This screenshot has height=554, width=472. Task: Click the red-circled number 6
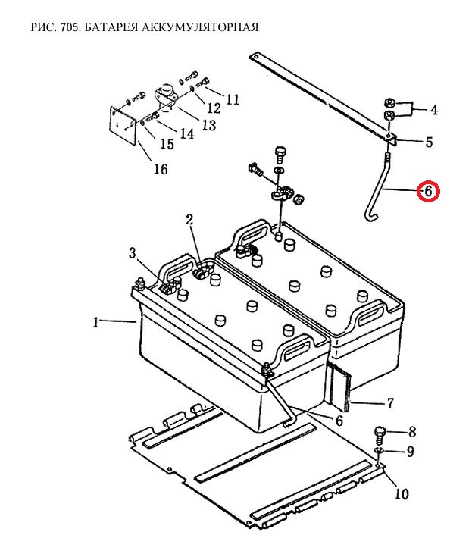(x=428, y=191)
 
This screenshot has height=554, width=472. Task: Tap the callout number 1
(x=96, y=322)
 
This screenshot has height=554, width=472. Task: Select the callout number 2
(x=189, y=220)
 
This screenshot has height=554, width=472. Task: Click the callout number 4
(x=434, y=110)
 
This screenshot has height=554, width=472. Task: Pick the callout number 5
(x=428, y=142)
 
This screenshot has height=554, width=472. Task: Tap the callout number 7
(x=391, y=402)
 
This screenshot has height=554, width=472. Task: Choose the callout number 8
(x=412, y=433)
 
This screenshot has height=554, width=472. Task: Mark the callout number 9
(x=410, y=452)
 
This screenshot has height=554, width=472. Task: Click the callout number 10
(x=401, y=494)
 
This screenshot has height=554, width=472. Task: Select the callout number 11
(x=232, y=99)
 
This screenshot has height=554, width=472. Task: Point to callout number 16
(x=160, y=168)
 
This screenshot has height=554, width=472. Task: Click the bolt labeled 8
(x=380, y=435)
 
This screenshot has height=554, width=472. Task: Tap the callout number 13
(x=208, y=124)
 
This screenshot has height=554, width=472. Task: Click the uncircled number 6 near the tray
(x=339, y=421)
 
